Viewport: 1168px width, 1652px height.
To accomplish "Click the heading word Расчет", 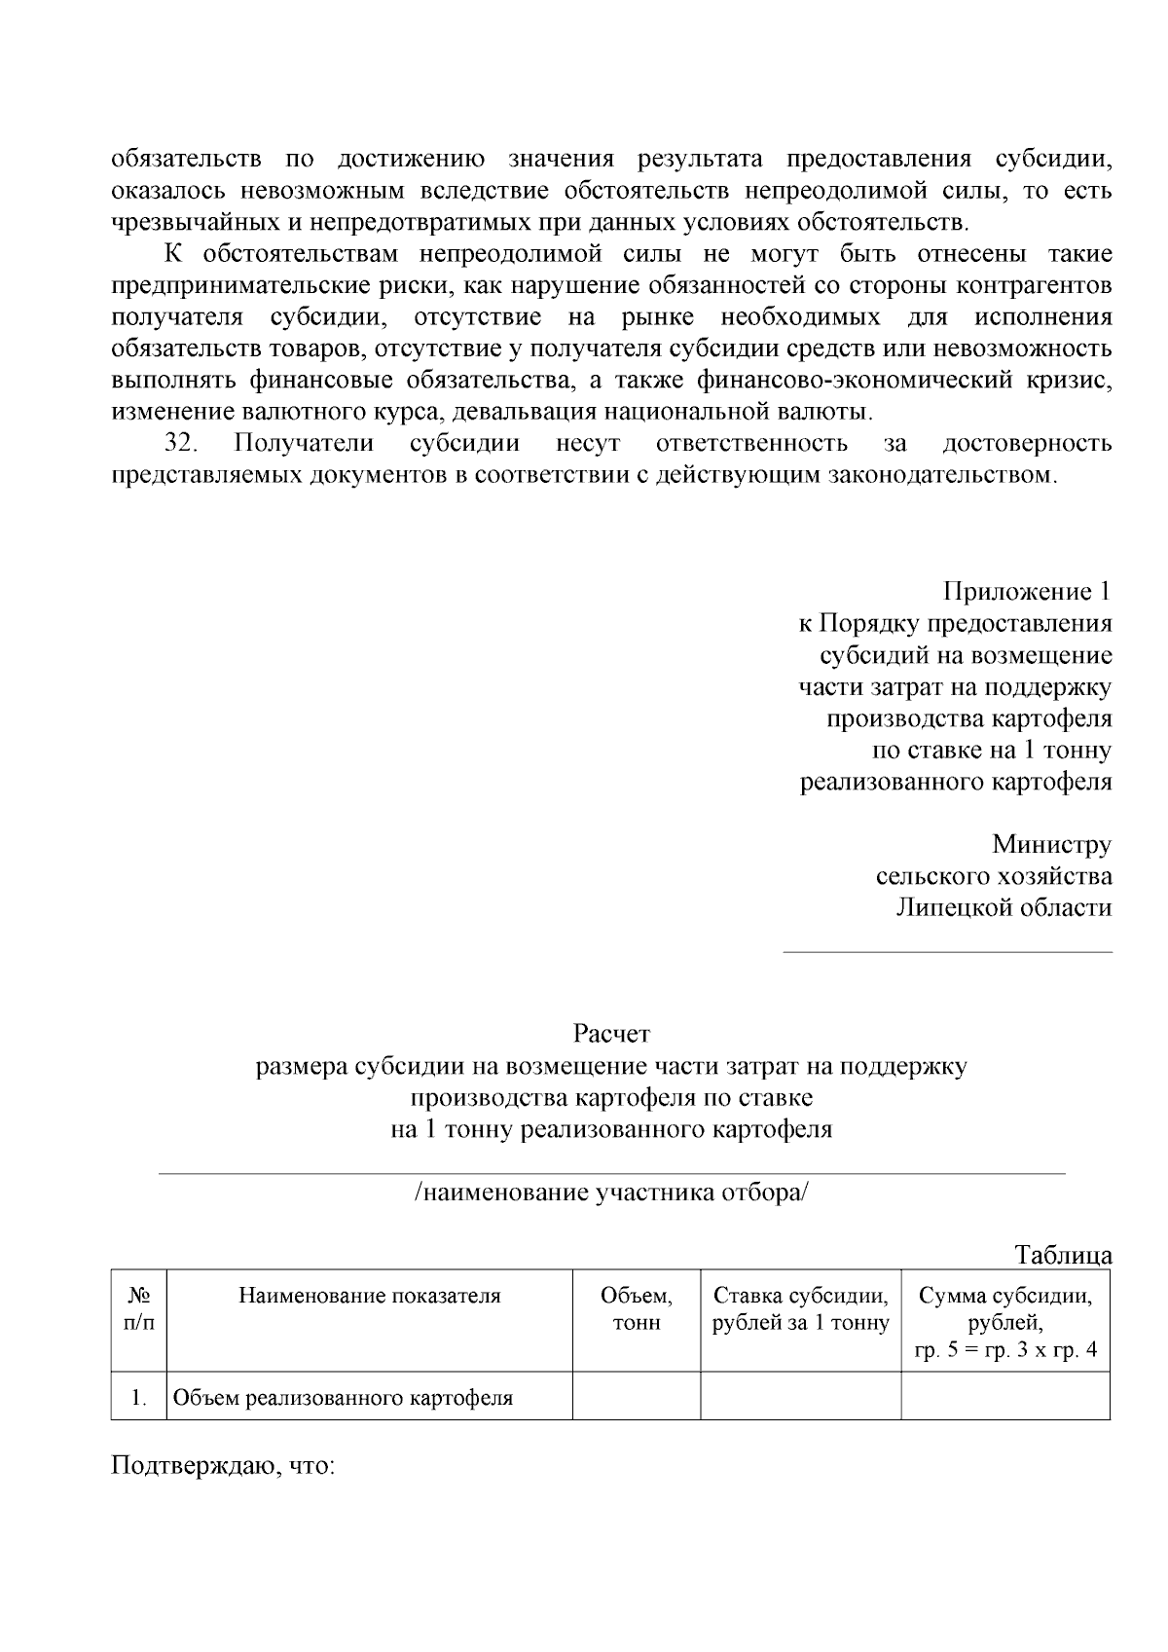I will click(x=611, y=1033).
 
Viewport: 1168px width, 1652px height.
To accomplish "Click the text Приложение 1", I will click(x=1027, y=591).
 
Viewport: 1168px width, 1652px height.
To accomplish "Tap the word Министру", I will click(x=1051, y=844).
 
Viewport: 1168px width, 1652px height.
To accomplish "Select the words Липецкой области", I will click(x=1004, y=908).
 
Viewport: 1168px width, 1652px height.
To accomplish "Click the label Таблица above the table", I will click(x=1063, y=1255).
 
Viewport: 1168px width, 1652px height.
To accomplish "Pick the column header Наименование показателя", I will click(x=370, y=1296).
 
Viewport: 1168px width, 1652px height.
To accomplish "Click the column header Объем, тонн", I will click(x=636, y=1309).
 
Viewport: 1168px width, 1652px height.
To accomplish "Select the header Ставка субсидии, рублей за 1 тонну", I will click(x=800, y=1309).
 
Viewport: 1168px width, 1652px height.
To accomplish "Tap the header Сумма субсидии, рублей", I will click(x=1005, y=1309).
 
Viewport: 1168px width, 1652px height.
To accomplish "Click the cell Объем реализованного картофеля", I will click(x=343, y=1399).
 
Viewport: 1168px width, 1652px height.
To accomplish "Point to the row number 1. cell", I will click(x=139, y=1399).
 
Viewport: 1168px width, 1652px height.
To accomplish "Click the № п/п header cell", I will click(x=139, y=1309).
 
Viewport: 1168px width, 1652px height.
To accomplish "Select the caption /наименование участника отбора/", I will click(x=611, y=1193).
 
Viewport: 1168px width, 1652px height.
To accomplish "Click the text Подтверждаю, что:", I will click(x=224, y=1465).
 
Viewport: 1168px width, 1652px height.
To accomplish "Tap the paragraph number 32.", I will click(x=181, y=444).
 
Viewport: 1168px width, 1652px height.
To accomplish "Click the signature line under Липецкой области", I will click(x=947, y=952).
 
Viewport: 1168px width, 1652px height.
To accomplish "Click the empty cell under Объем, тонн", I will click(x=636, y=1399).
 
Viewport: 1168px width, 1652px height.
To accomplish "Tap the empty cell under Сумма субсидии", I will click(x=1005, y=1399).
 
